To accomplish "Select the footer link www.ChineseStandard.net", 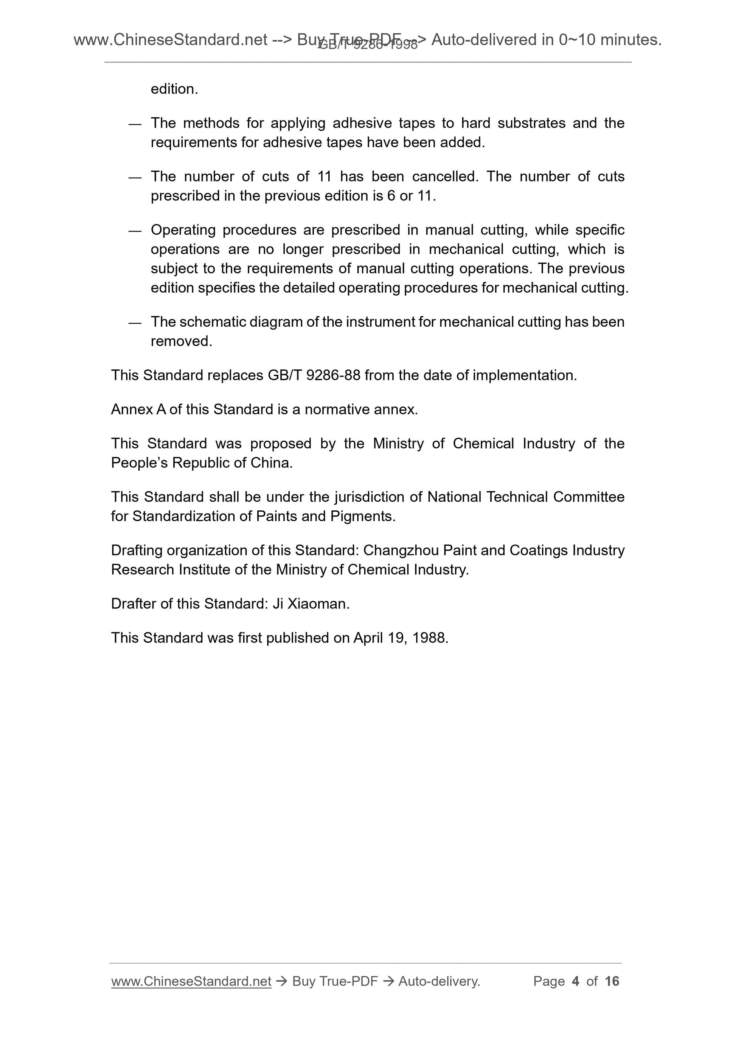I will pos(191,981).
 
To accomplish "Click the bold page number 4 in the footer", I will pos(576,981).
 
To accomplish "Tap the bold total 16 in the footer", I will pos(612,981).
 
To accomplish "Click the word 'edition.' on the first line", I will pos(174,89).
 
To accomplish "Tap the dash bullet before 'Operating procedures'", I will pos(135,231).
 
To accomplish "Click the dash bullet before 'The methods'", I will pos(135,124).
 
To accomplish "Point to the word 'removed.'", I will pos(182,341).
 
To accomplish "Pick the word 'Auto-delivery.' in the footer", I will pos(439,981).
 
